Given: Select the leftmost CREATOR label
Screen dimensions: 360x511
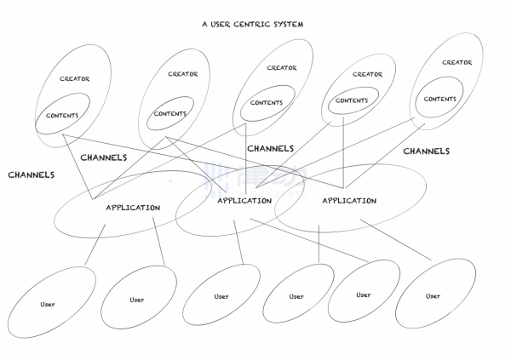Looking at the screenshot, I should (x=75, y=79).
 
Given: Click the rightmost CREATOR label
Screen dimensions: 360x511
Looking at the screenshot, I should (x=456, y=62).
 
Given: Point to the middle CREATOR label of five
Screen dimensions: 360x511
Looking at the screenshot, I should (x=282, y=68).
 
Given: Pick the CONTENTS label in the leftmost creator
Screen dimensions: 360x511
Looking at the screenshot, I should (x=62, y=116).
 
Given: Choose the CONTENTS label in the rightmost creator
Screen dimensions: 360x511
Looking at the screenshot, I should (x=440, y=99).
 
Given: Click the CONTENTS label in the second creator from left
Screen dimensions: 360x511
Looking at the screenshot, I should (x=170, y=113).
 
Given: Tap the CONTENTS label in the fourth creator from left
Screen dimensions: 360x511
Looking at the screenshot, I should (x=352, y=100).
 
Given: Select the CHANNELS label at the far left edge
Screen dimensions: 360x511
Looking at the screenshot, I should (x=32, y=174).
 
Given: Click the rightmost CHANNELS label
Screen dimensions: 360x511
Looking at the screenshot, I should (x=426, y=151).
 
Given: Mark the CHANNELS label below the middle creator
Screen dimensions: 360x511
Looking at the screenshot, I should (x=271, y=148).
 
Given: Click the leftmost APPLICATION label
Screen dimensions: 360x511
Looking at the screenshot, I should (x=133, y=208).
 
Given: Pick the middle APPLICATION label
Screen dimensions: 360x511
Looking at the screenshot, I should (x=244, y=201).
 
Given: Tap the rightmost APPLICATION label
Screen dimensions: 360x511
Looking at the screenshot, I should (x=349, y=201).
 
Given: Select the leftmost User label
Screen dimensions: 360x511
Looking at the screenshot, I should (x=48, y=304).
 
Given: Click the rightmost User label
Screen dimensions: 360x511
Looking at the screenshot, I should (x=433, y=295).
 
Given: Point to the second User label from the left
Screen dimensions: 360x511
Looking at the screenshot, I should (x=137, y=300).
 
